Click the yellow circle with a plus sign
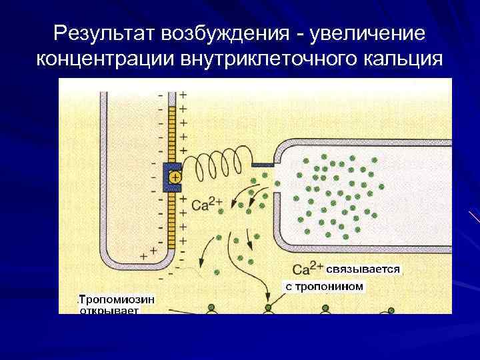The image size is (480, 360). pyautogui.click(x=175, y=177)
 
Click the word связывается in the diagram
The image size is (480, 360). pyautogui.click(x=363, y=269)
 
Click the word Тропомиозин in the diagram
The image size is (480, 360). pyautogui.click(x=117, y=299)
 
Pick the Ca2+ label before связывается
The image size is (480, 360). pyautogui.click(x=307, y=269)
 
